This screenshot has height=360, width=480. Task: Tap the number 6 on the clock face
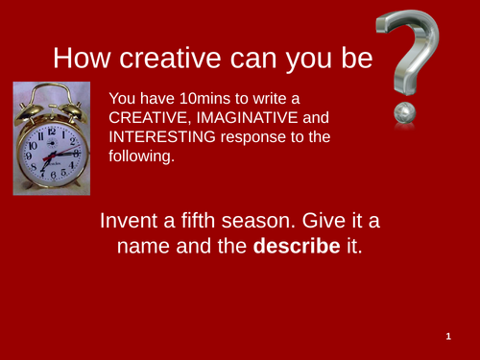(x=54, y=176)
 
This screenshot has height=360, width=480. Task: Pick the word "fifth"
(x=200, y=221)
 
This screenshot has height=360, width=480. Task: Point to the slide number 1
(x=448, y=338)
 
